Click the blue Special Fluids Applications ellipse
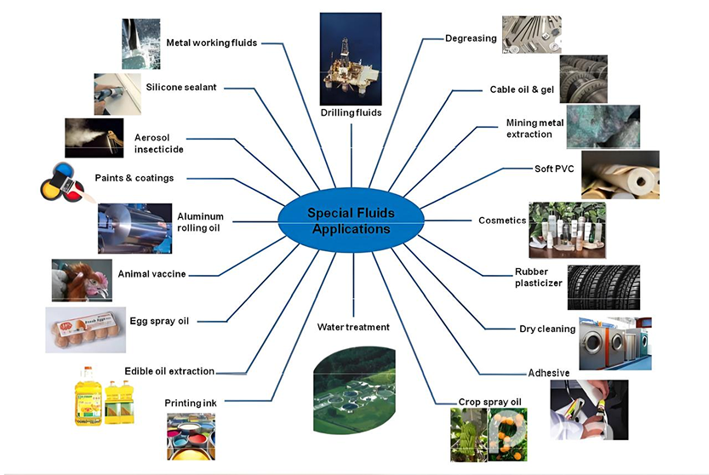click(350, 221)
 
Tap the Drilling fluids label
click(351, 112)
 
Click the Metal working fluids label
click(211, 43)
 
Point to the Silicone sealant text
click(181, 87)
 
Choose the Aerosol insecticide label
click(159, 143)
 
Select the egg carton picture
click(86, 330)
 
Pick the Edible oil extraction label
click(169, 371)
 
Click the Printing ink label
click(191, 403)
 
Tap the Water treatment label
click(353, 327)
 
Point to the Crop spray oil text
click(489, 402)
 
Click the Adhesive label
click(549, 373)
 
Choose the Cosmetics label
click(501, 220)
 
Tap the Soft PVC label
click(554, 169)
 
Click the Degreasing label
click(471, 38)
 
